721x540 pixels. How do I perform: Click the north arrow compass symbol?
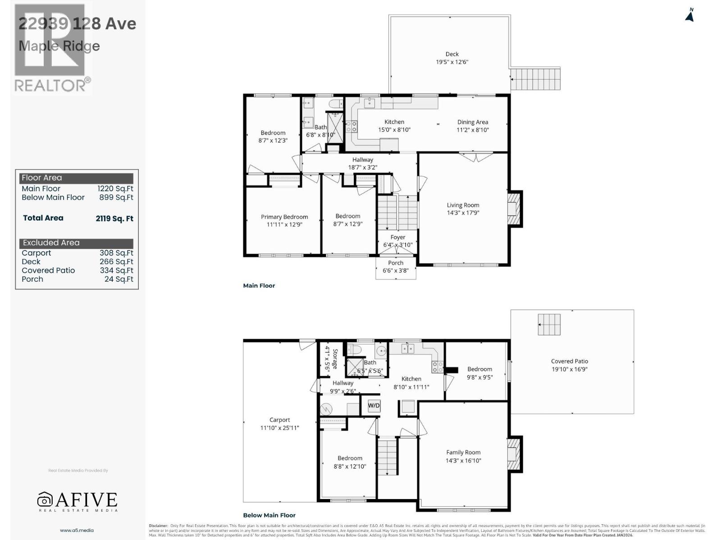(x=689, y=15)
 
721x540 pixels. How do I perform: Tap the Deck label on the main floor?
(x=452, y=54)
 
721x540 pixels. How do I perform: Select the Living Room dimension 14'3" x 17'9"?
(x=463, y=213)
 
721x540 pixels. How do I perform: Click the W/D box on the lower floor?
(x=374, y=405)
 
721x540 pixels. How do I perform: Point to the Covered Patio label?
(x=569, y=361)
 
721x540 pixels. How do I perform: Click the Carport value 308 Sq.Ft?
(x=116, y=253)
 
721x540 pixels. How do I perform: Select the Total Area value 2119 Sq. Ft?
(x=114, y=219)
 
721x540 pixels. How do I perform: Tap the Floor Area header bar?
(x=76, y=178)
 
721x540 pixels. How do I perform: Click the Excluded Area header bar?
(x=76, y=243)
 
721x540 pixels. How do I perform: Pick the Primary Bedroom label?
(x=284, y=217)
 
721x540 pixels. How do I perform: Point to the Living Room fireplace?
(x=514, y=209)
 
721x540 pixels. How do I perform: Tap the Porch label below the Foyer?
(x=396, y=263)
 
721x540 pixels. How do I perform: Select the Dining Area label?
(x=472, y=122)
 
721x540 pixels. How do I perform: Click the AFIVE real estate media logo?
(x=77, y=501)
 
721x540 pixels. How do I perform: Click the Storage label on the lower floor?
(x=335, y=359)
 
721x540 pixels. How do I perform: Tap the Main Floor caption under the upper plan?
(x=259, y=285)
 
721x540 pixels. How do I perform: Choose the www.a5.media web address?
(x=77, y=530)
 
